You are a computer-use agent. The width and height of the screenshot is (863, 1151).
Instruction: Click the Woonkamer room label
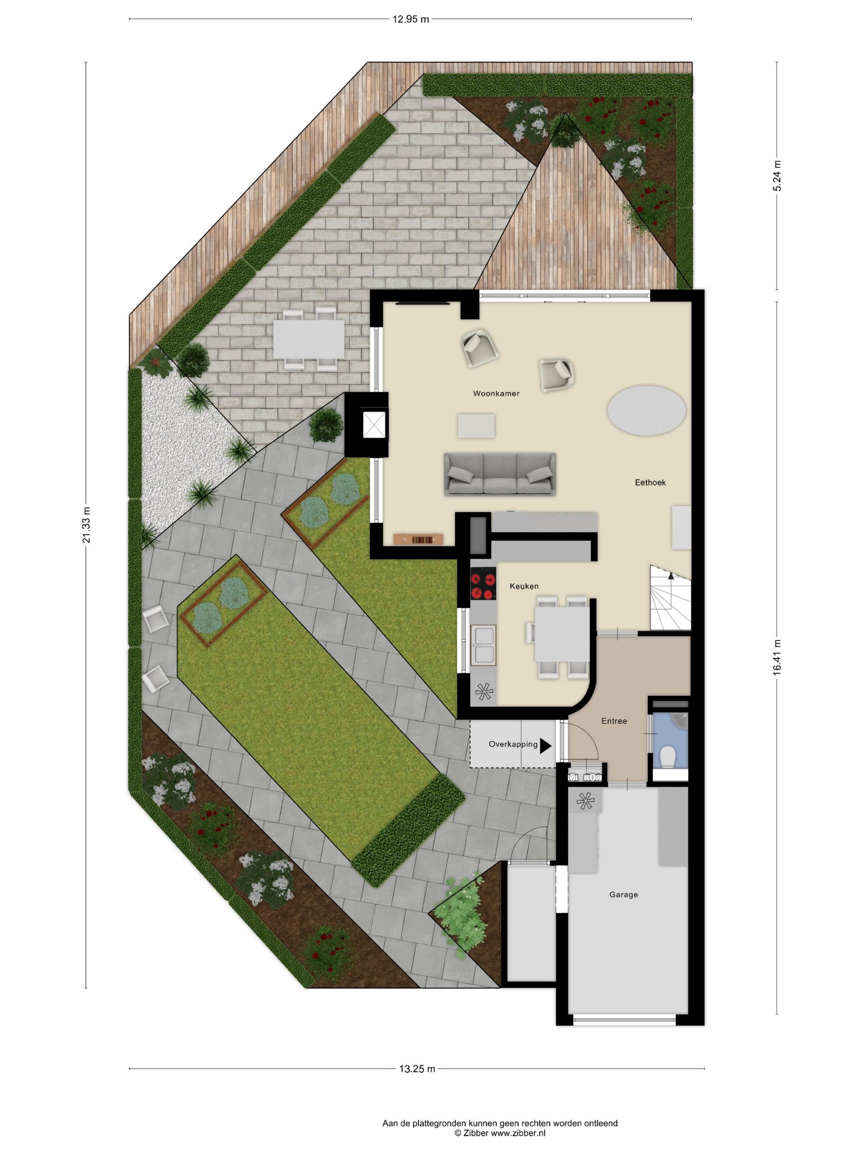pos(496,393)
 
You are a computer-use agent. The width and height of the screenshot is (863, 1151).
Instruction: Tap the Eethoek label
pos(650,482)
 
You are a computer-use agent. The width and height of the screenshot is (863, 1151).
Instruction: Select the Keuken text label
pos(524,586)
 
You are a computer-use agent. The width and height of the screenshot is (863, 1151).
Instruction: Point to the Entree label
pos(614,721)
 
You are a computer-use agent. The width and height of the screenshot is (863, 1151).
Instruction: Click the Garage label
pos(623,894)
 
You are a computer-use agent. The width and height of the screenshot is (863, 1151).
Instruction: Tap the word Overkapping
pos(513,744)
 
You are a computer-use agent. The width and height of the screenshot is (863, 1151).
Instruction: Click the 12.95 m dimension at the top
pos(411,19)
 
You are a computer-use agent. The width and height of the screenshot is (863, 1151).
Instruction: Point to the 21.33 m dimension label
pos(86,525)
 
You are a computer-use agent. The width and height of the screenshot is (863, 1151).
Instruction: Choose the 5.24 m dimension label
pos(777,176)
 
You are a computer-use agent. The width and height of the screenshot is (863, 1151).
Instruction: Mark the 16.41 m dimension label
pos(777,658)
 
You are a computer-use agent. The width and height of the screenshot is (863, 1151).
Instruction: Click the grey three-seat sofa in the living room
pos(499,474)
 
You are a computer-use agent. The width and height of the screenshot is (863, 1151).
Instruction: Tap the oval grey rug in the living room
pos(646,410)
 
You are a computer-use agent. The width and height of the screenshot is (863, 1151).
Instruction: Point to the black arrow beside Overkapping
pos(545,746)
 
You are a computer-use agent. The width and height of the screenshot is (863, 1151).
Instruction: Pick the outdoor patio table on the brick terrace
pos(309,338)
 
